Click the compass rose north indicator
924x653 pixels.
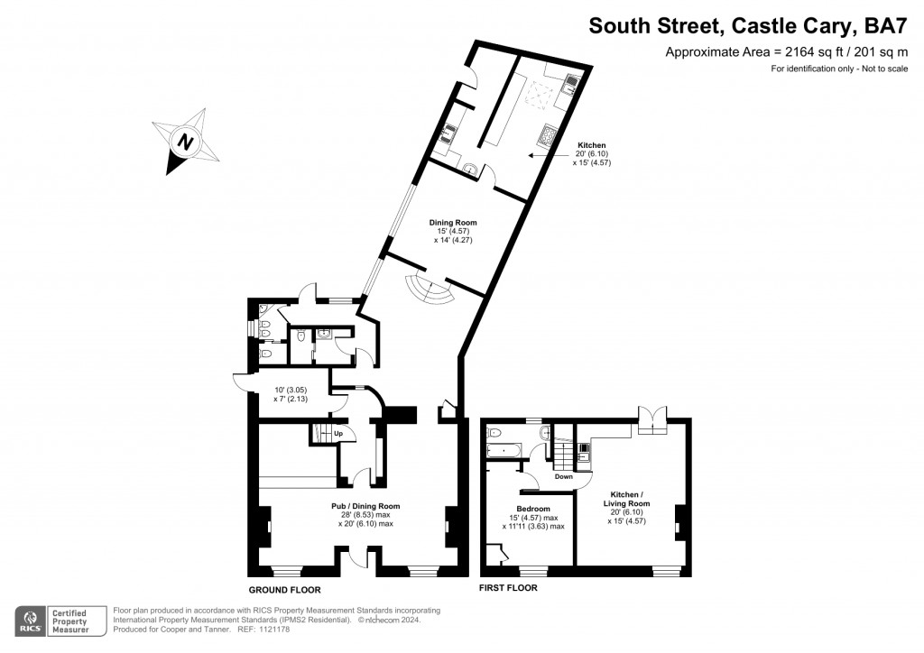[185, 143]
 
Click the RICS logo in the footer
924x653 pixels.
[31, 620]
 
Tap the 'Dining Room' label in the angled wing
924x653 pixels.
[452, 223]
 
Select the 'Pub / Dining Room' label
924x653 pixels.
[365, 506]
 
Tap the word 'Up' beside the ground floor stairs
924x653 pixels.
[339, 434]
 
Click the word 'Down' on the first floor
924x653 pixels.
[564, 476]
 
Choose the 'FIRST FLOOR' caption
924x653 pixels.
[508, 588]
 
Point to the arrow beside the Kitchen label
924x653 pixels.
[550, 155]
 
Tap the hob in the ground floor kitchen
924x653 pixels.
[548, 136]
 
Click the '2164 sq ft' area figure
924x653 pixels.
[781, 51]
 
